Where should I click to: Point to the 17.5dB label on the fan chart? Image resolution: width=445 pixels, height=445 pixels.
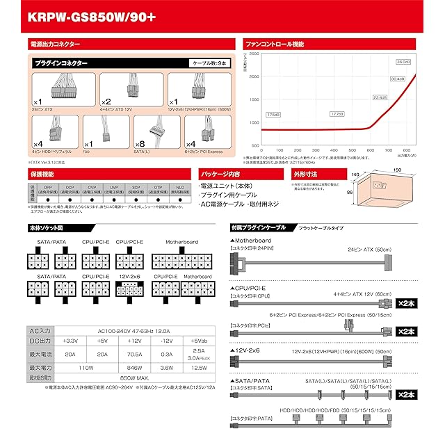point(273,114)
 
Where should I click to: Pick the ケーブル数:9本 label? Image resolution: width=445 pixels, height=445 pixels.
point(209,63)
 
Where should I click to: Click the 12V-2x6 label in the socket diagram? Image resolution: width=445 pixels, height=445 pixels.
point(130,276)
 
